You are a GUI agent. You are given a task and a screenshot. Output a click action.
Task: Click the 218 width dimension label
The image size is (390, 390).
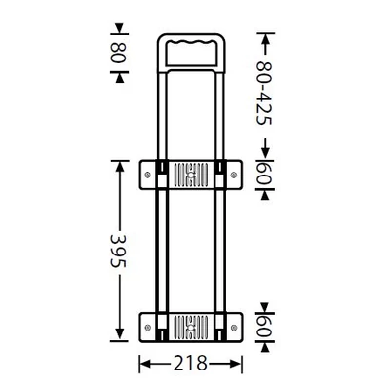click(191, 364)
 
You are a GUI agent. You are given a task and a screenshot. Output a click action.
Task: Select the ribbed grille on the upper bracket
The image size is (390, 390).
click(191, 175)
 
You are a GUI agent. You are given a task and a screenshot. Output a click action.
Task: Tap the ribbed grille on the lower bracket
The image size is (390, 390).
click(191, 325)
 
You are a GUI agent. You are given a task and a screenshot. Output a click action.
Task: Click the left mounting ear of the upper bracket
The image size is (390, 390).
click(150, 175)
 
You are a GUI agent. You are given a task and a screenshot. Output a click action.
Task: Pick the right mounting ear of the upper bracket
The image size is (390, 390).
click(232, 175)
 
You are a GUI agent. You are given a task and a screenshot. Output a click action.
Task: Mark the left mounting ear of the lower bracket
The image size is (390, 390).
click(150, 325)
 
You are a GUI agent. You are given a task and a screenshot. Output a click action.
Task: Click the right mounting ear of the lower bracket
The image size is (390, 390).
click(232, 325)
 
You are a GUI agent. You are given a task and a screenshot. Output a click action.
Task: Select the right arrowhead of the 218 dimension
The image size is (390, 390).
click(237, 364)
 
